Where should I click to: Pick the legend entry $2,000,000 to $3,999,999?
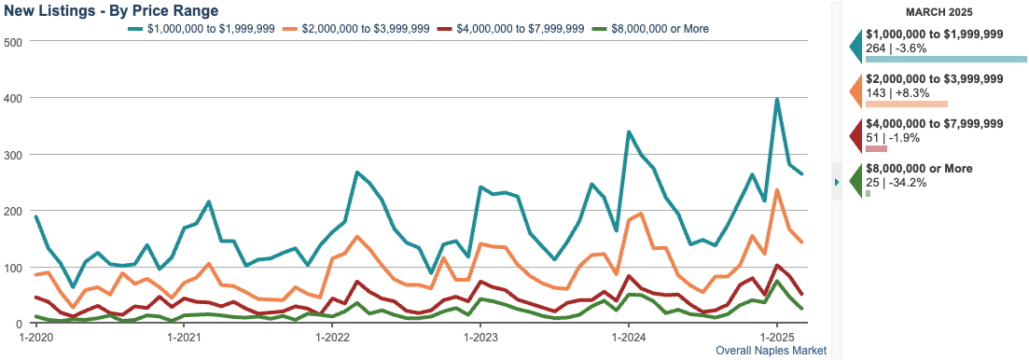363,29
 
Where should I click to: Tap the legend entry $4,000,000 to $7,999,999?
520,29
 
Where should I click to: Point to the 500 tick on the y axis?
13,42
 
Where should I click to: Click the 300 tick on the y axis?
13,155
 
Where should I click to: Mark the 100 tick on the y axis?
13,268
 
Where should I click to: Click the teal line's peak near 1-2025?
777,99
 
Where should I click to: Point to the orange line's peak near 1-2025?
777,190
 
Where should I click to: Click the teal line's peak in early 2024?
629,132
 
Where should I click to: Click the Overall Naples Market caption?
771,351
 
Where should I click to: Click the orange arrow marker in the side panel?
855,91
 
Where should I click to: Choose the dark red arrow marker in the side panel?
855,136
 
